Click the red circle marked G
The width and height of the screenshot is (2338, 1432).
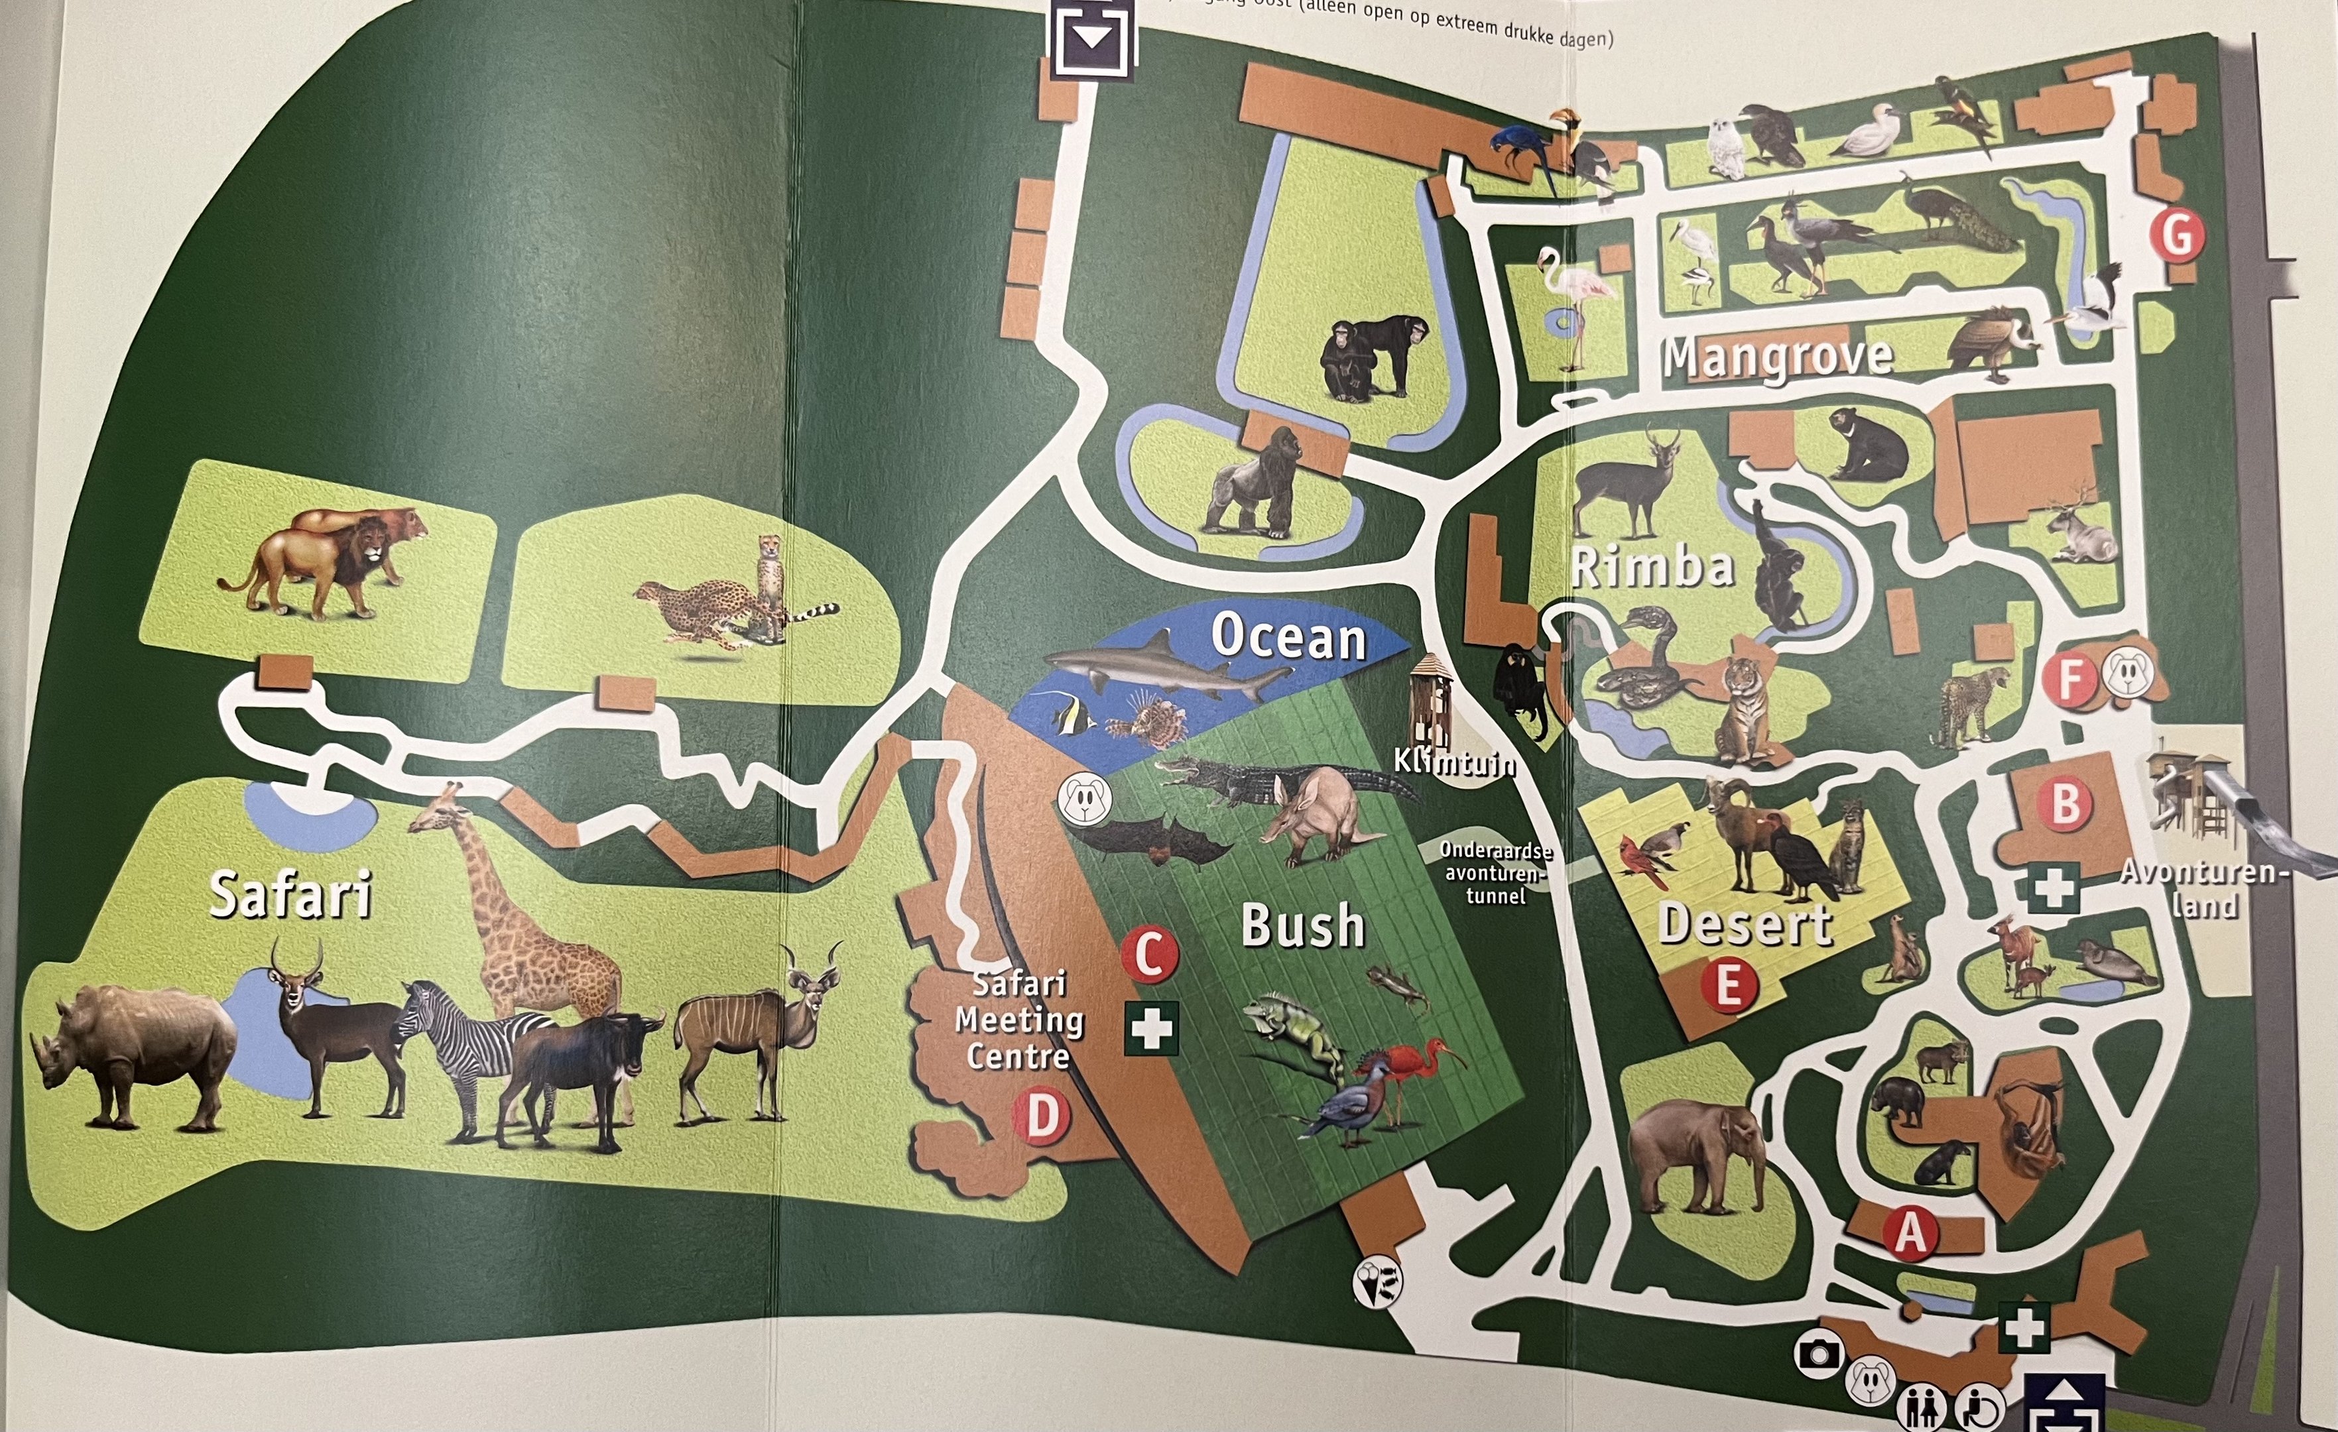point(2177,235)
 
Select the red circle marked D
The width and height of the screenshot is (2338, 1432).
point(1042,1117)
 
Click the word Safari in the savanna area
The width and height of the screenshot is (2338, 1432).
point(290,895)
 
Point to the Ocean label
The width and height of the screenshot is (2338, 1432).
point(1288,636)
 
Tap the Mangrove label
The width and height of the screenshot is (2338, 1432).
point(1776,358)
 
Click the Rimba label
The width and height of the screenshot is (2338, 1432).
point(1652,567)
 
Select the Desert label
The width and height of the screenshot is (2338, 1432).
point(1744,924)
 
